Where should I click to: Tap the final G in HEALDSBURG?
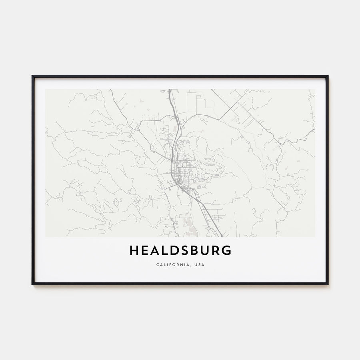click(227, 250)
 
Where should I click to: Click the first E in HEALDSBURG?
click(145, 250)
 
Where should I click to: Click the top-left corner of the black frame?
click(32, 76)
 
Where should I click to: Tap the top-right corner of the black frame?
click(328, 76)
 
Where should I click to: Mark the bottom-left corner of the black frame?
click(32, 284)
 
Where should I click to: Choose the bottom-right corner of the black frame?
click(328, 284)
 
